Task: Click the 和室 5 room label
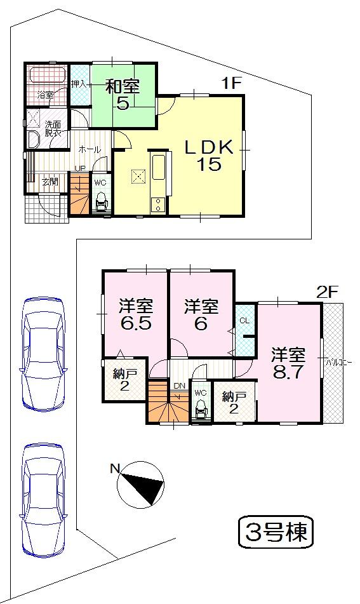[123, 94]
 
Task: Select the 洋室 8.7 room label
[289, 363]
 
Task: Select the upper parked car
[43, 352]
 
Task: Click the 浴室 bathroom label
[45, 95]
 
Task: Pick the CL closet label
[244, 320]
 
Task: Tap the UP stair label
[79, 168]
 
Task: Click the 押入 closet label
[78, 83]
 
